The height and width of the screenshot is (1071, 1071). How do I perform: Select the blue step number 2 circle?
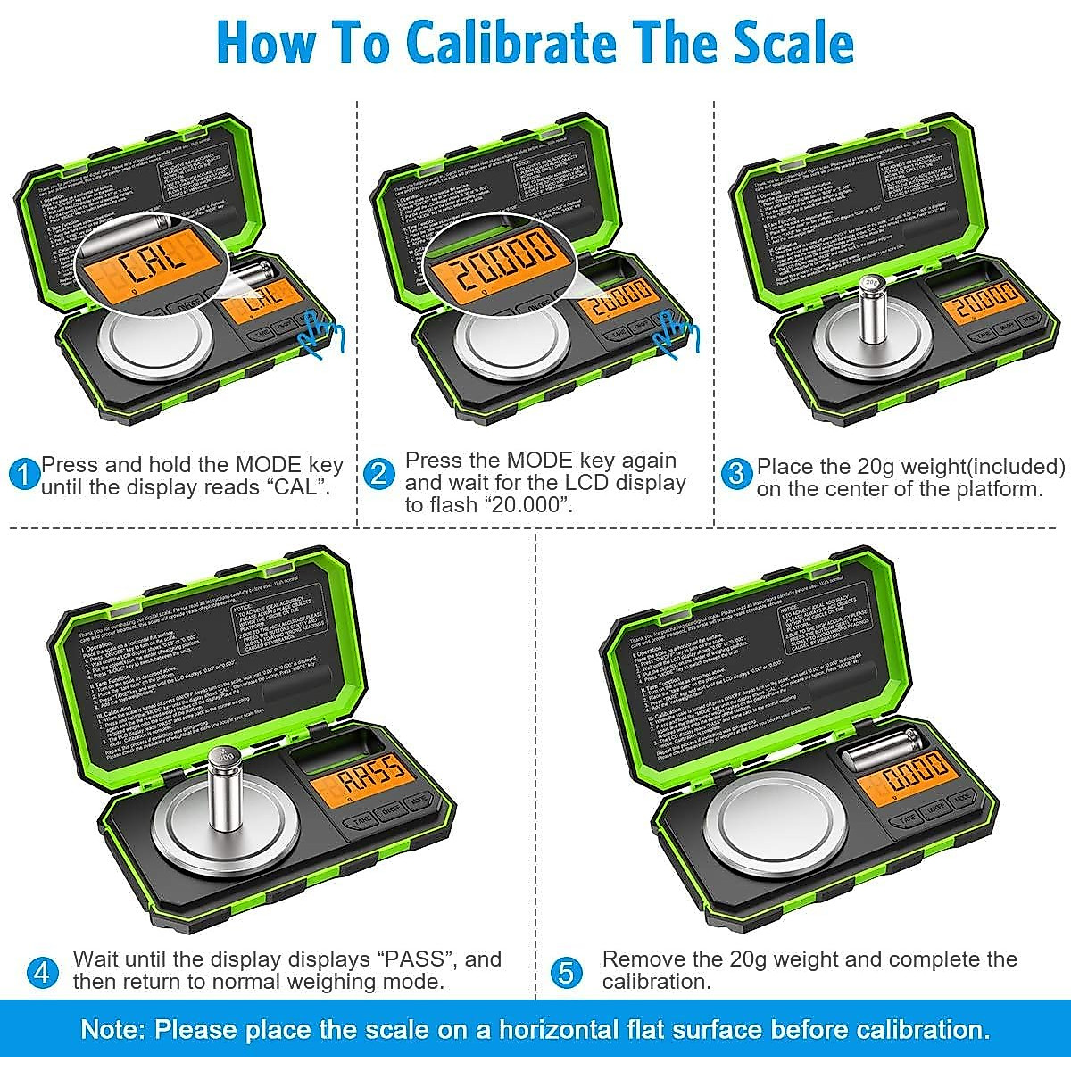[x=379, y=473]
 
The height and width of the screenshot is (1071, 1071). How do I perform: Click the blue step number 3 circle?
[x=736, y=472]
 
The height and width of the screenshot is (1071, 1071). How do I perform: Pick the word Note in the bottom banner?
[x=111, y=1029]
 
